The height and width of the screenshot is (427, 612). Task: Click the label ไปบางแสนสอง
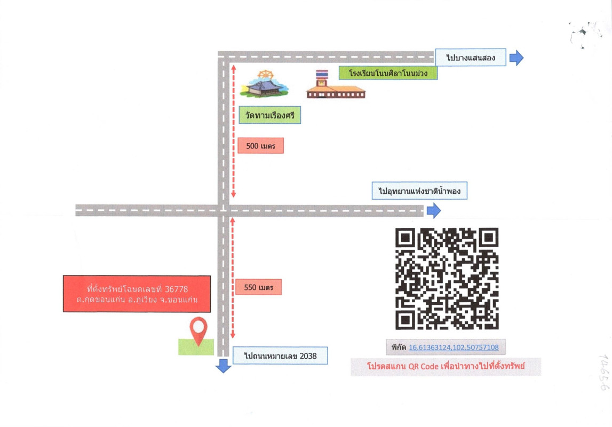point(471,57)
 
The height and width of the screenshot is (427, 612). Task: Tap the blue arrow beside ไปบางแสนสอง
point(516,58)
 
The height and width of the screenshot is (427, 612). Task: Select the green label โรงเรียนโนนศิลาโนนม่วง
point(388,73)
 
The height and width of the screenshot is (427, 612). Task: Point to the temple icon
point(264,84)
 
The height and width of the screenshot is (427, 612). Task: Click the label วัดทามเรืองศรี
point(270,115)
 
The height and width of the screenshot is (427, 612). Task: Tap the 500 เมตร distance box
point(260,146)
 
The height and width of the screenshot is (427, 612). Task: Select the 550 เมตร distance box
point(258,287)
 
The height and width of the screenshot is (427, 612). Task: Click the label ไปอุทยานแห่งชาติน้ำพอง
point(419,191)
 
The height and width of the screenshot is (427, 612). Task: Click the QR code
point(447,279)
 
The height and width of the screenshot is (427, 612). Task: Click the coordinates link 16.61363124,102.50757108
point(454,347)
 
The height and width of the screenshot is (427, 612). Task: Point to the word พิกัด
point(398,347)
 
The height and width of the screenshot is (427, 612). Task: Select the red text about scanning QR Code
point(446,367)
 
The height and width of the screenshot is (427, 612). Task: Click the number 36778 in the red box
point(176,289)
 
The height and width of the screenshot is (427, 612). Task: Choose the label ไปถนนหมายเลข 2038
point(280,355)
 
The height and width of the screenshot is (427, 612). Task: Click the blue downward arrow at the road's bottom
point(223,366)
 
